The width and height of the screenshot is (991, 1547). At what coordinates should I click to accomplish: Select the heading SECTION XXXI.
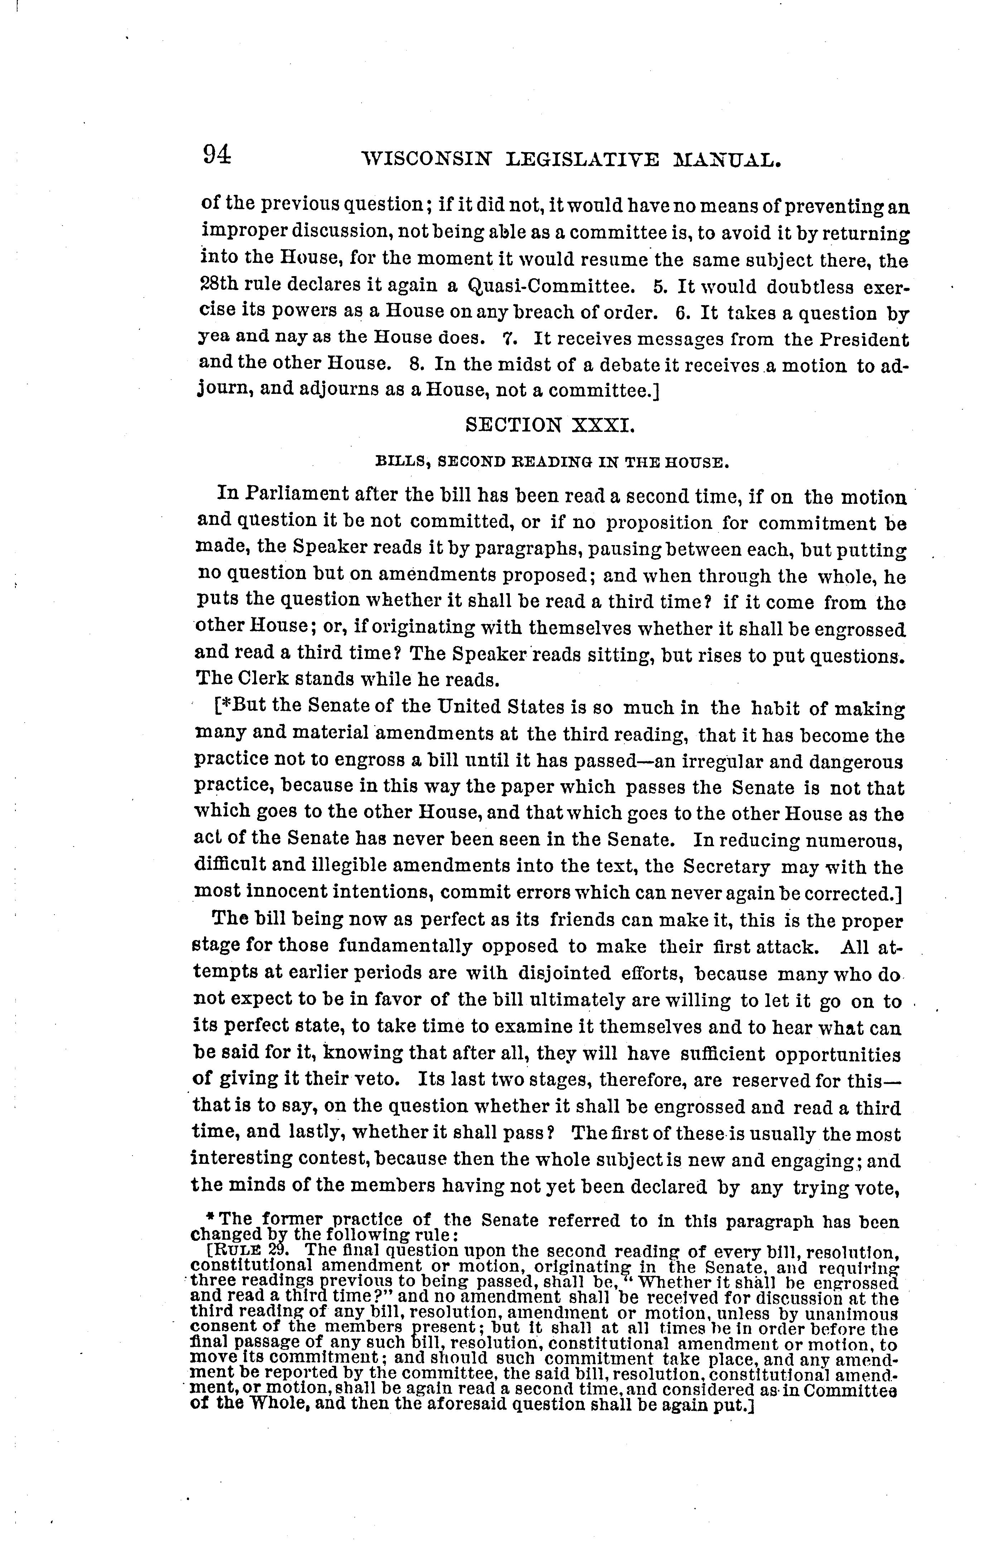click(x=550, y=425)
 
